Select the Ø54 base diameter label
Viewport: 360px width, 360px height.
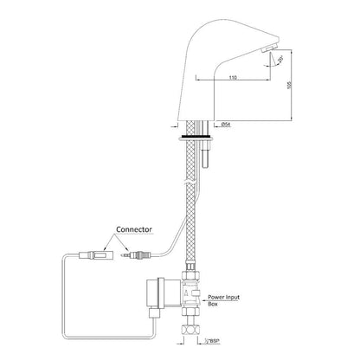pyautogui.click(x=227, y=125)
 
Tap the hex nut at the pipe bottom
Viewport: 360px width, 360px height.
pyautogui.click(x=191, y=330)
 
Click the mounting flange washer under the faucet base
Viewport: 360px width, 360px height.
pyautogui.click(x=199, y=135)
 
